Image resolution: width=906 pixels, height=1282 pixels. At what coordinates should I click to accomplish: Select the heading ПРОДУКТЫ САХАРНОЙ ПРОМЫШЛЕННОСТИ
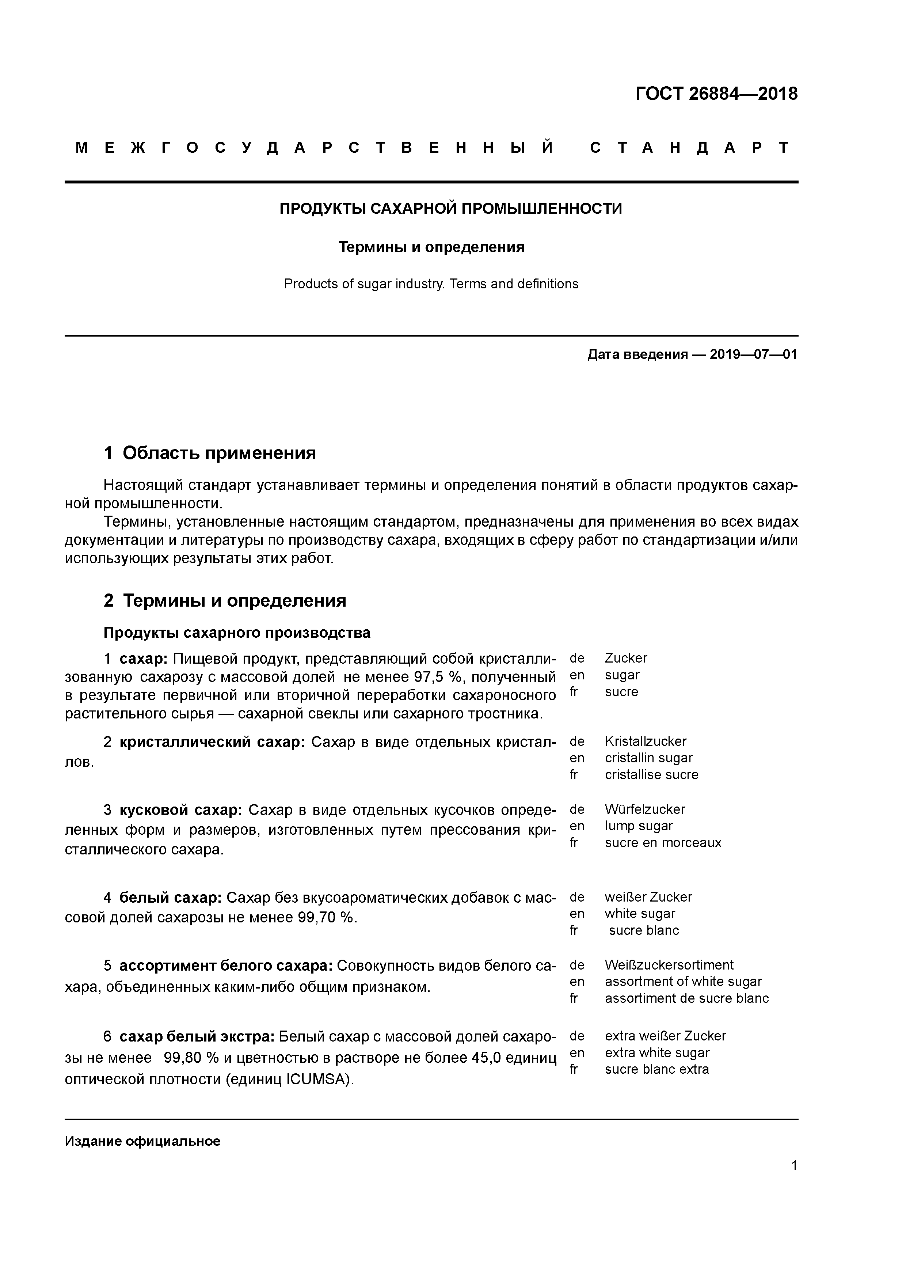[x=450, y=209]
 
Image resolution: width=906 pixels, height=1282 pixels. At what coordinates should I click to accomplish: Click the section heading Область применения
[x=219, y=453]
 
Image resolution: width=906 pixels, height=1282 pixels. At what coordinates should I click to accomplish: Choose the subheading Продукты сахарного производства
[x=237, y=633]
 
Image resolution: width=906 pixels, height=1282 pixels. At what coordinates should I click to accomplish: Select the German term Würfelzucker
[x=645, y=809]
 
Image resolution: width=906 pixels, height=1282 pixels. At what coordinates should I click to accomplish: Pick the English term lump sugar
[x=639, y=826]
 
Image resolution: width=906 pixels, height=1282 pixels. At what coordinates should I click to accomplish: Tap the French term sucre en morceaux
[x=663, y=843]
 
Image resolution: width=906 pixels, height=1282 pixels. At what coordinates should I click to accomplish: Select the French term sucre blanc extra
[x=656, y=1069]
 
